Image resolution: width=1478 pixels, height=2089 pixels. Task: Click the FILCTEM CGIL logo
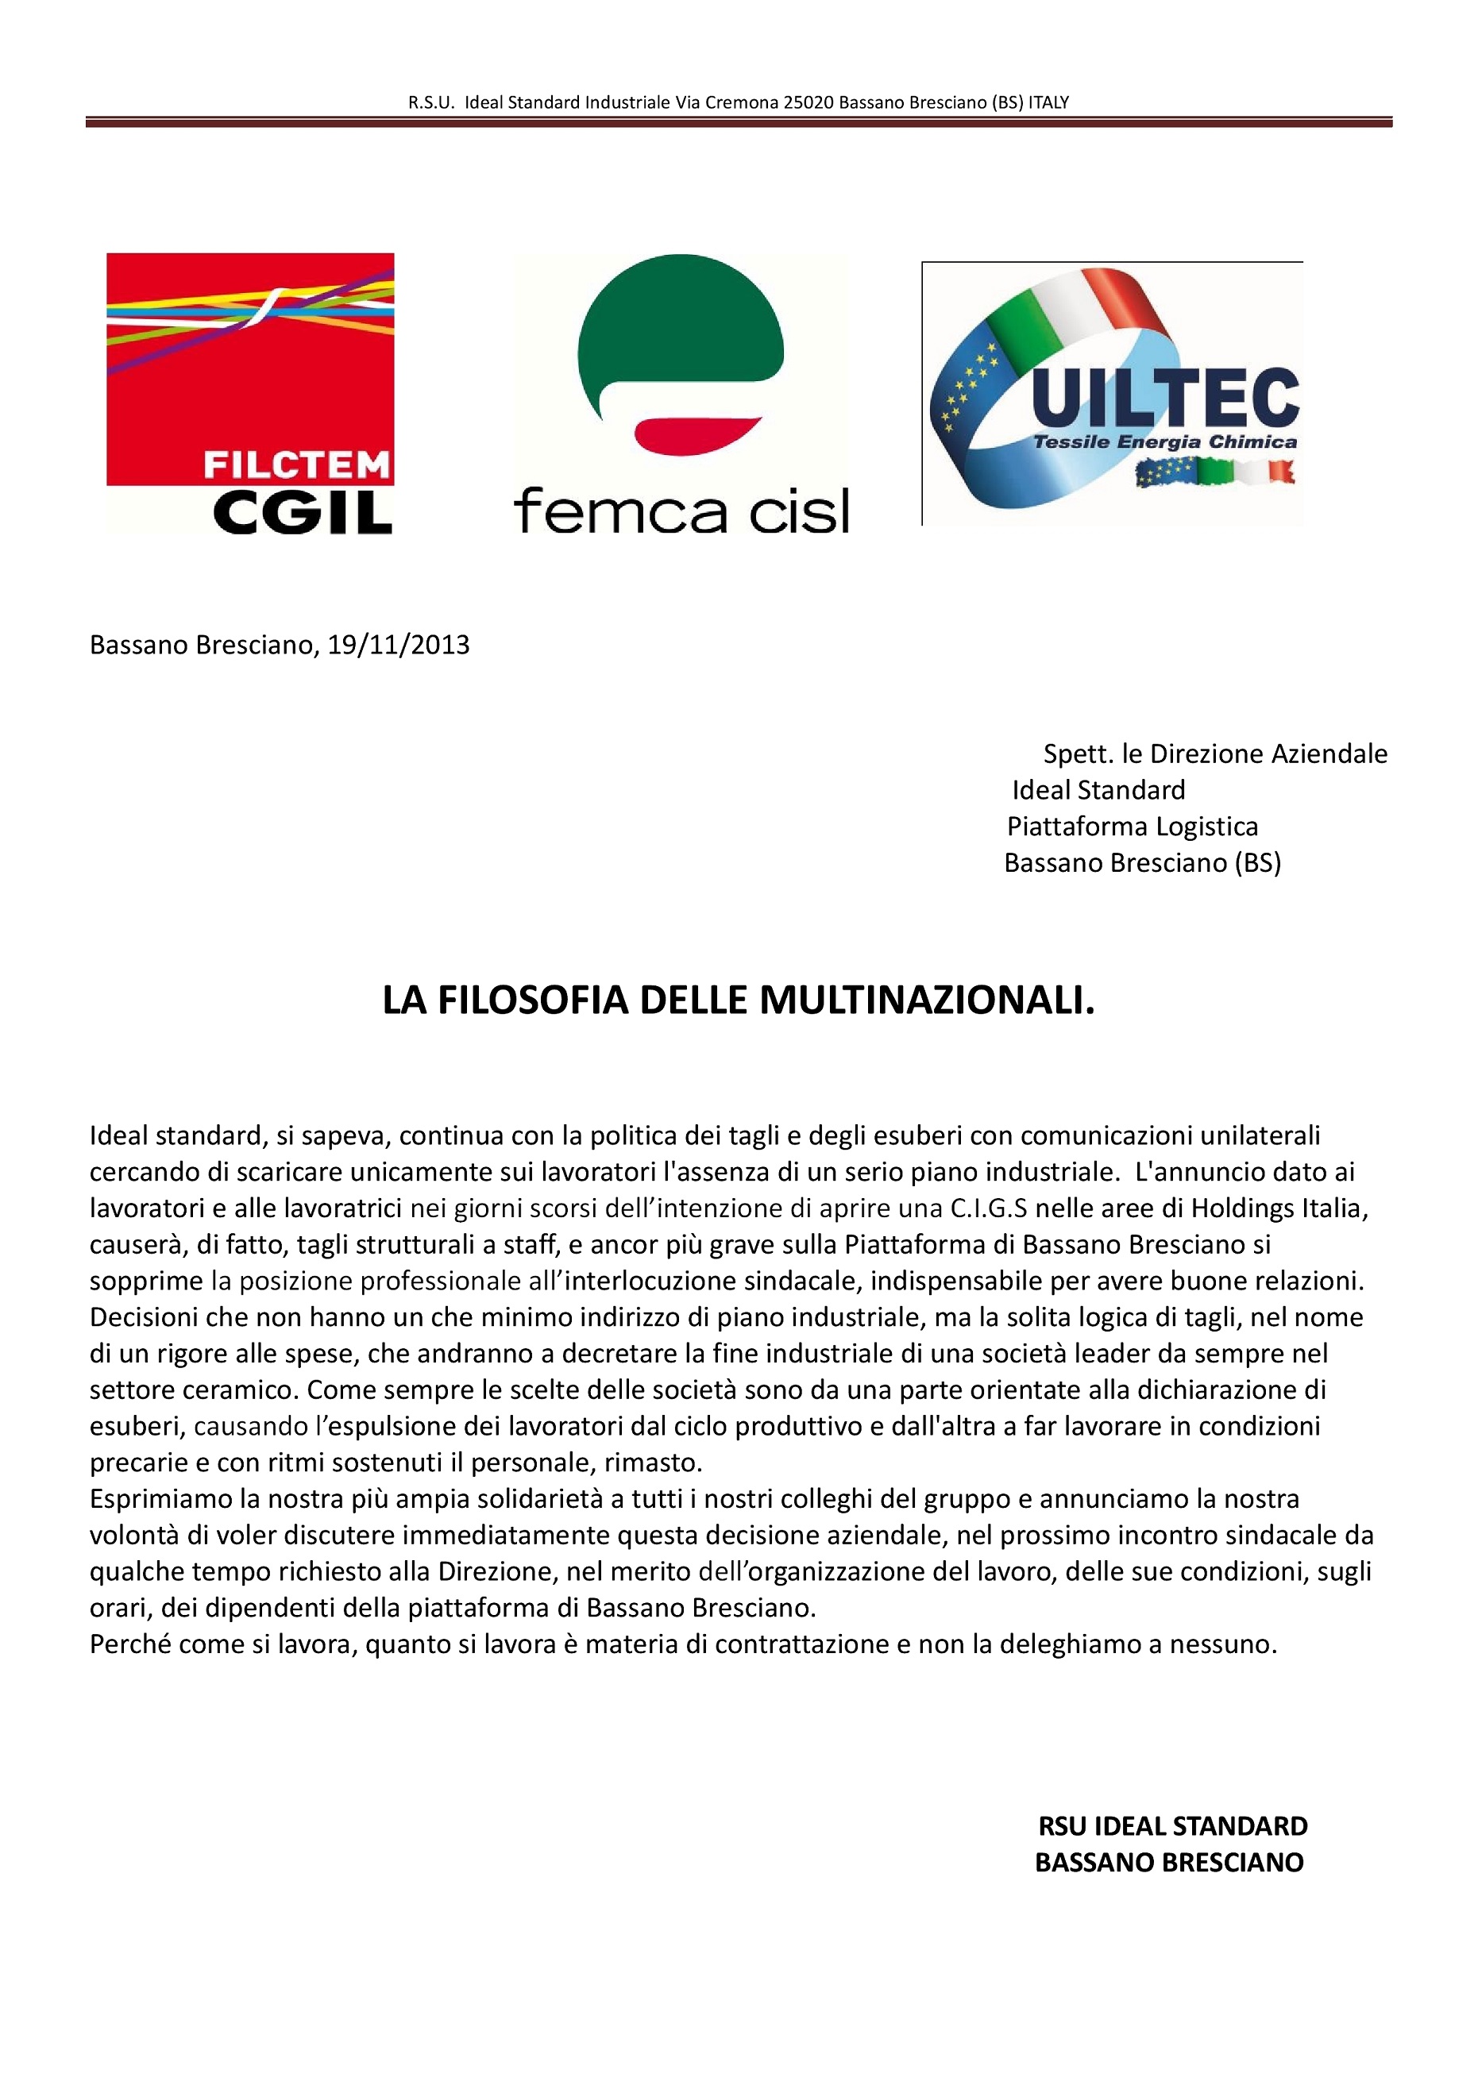click(x=250, y=393)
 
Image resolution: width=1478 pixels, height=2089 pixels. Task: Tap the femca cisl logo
click(x=681, y=393)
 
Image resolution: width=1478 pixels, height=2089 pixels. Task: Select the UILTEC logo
click(x=1112, y=393)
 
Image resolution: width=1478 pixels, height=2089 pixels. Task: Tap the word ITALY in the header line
click(x=1048, y=102)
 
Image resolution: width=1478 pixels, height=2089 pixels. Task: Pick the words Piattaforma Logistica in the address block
click(x=1133, y=826)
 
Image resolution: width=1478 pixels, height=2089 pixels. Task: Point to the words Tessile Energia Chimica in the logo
click(x=1164, y=442)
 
